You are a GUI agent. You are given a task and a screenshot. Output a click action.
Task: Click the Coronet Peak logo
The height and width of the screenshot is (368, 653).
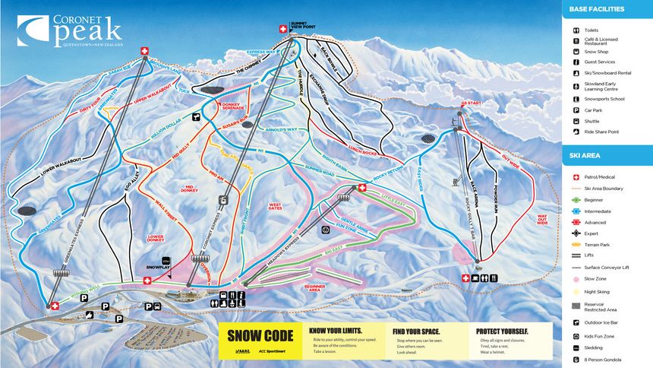69,30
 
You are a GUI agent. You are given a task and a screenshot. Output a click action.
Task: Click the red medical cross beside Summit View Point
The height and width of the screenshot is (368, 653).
284,28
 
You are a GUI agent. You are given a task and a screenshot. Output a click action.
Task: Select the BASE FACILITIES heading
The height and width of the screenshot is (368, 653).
595,9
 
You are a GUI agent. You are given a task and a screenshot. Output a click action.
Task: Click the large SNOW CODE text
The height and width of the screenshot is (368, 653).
260,336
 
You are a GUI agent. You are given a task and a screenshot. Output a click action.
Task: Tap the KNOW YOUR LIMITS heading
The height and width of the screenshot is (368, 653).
335,332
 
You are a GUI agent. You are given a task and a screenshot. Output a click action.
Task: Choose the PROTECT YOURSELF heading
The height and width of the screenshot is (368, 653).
502,332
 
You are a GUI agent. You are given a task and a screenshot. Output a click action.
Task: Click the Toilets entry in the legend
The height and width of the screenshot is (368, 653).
592,30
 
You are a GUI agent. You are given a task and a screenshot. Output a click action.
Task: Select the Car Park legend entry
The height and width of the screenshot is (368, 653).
594,109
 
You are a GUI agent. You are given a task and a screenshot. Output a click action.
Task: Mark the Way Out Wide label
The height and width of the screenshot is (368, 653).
542,218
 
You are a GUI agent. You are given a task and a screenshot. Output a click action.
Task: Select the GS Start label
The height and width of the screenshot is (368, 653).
451,102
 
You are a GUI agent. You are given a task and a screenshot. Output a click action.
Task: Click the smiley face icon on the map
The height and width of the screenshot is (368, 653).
324,229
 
